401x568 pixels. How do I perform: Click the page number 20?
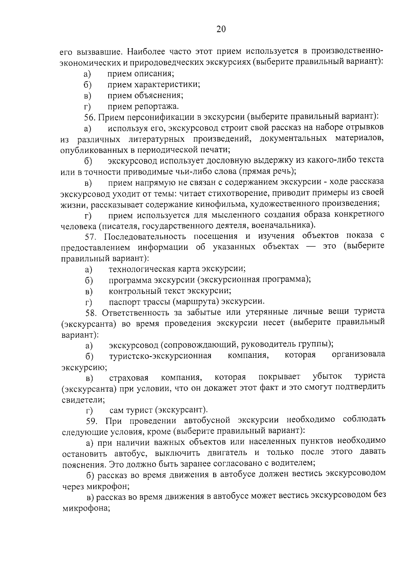(221, 29)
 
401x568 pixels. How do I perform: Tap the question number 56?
(90, 117)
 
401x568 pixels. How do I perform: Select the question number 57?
(91, 237)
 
